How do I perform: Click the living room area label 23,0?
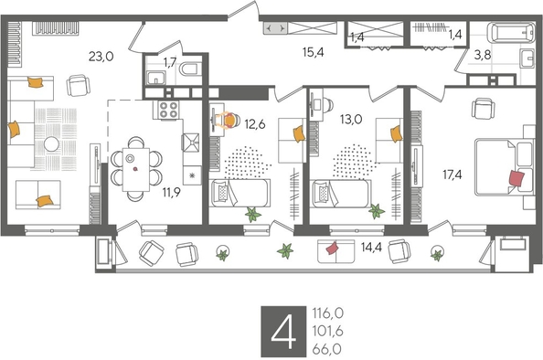pos(101,56)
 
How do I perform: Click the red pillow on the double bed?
pos(516,177)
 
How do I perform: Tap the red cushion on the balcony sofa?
pos(333,247)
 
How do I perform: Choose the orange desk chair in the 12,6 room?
pos(229,119)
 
